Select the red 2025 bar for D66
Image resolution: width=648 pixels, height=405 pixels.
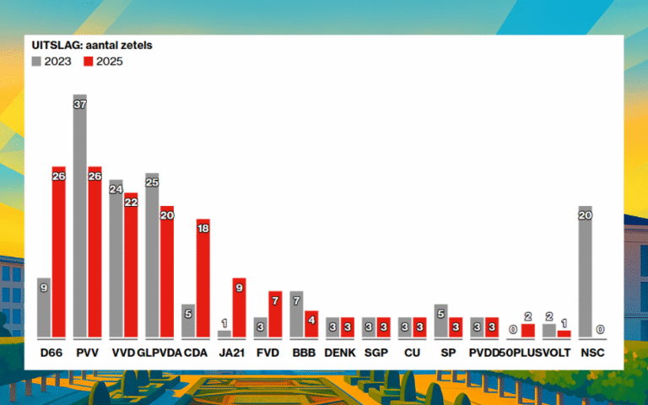[x=58, y=253]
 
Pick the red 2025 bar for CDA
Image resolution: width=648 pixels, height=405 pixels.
[x=203, y=278]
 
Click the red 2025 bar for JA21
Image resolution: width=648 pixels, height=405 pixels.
[x=239, y=308]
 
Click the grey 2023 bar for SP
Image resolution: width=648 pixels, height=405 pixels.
[x=440, y=321]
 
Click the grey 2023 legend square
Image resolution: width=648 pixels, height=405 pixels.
[x=36, y=62]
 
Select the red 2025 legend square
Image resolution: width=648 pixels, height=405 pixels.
[x=89, y=62]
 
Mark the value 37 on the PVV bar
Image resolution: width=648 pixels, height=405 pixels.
[x=80, y=104]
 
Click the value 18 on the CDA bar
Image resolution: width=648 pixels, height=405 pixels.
[x=203, y=229]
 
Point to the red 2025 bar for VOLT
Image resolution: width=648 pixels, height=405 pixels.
[x=564, y=333]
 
